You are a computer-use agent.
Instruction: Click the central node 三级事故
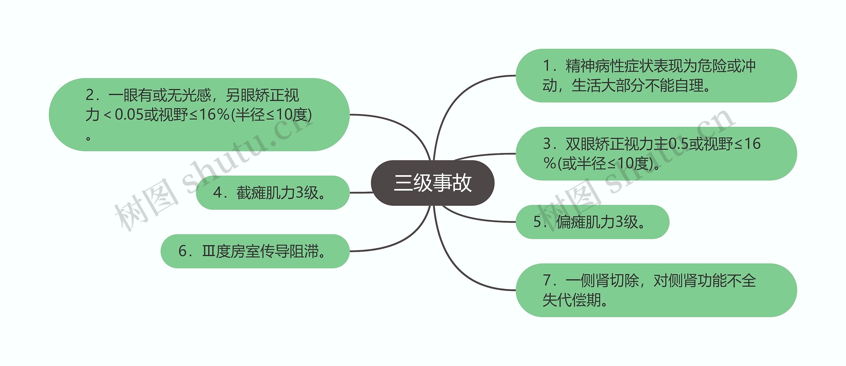click(x=433, y=183)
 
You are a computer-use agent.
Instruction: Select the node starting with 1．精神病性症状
click(x=656, y=76)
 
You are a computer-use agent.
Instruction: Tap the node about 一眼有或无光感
click(x=199, y=115)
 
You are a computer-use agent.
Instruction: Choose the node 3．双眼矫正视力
click(x=656, y=154)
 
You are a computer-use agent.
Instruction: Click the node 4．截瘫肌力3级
click(x=273, y=193)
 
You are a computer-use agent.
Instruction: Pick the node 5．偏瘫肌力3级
click(x=592, y=222)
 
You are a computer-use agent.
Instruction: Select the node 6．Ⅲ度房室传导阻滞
click(x=255, y=251)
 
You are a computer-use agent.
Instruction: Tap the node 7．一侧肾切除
click(x=656, y=290)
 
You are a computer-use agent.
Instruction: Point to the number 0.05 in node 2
click(x=129, y=115)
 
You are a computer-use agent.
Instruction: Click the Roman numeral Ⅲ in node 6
click(x=208, y=251)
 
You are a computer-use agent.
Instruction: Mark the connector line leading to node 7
click(x=463, y=274)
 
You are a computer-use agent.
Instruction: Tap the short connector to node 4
click(x=361, y=193)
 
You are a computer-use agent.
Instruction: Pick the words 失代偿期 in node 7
click(x=572, y=300)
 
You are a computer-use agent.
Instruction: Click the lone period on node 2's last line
click(x=88, y=138)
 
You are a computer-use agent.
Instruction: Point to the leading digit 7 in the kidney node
click(x=547, y=280)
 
